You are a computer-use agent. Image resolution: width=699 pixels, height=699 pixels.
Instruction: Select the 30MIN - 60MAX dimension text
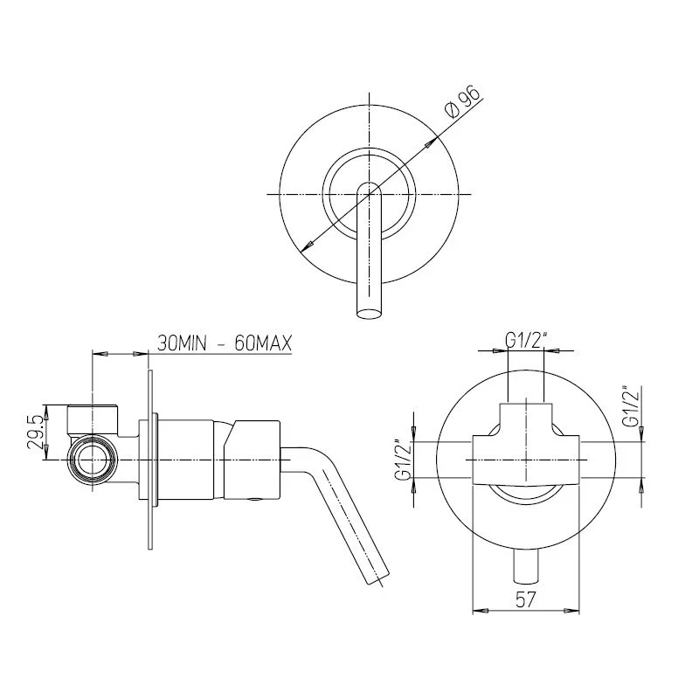[x=225, y=343]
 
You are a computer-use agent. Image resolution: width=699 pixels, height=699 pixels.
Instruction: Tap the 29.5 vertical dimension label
[x=36, y=432]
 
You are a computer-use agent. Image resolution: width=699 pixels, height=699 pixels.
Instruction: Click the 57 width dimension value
[x=525, y=599]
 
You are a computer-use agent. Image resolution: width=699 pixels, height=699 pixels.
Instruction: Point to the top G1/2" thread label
[x=526, y=341]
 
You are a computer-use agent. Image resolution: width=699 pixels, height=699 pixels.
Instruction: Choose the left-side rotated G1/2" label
[x=404, y=461]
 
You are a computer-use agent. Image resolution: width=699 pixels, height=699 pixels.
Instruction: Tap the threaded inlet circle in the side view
[x=93, y=460]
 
